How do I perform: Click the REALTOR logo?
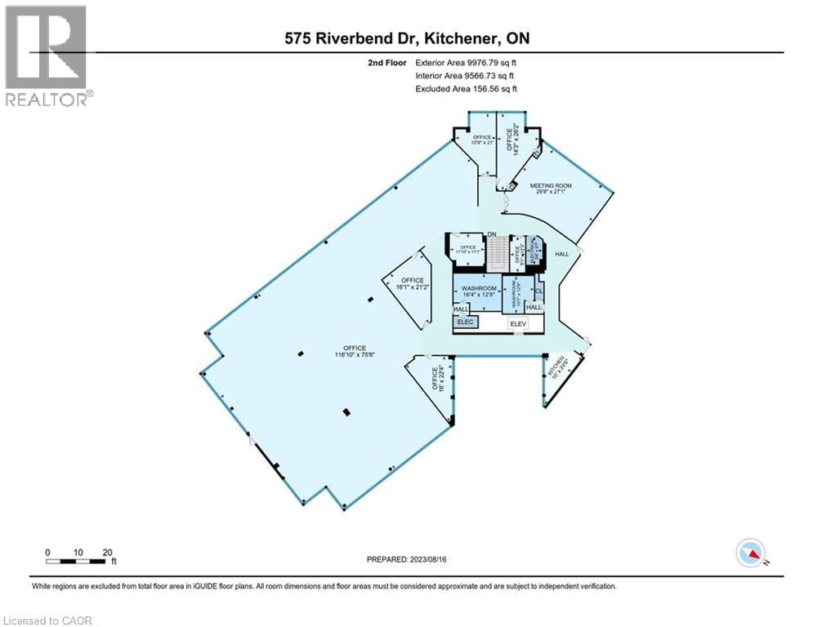pyautogui.click(x=47, y=56)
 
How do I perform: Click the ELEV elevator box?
pyautogui.click(x=516, y=324)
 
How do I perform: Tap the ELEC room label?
pyautogui.click(x=466, y=322)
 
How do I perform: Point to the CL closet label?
pyautogui.click(x=538, y=290)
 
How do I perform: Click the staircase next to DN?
pyautogui.click(x=493, y=253)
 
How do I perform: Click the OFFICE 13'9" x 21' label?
pyautogui.click(x=482, y=140)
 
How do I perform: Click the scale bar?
pyautogui.click(x=78, y=561)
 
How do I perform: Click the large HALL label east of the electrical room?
pyautogui.click(x=562, y=255)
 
